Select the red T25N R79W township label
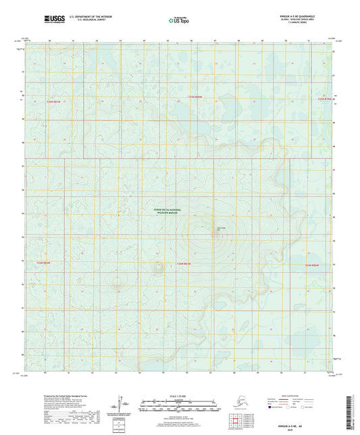click(x=325, y=99)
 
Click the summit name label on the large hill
click(x=220, y=228)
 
